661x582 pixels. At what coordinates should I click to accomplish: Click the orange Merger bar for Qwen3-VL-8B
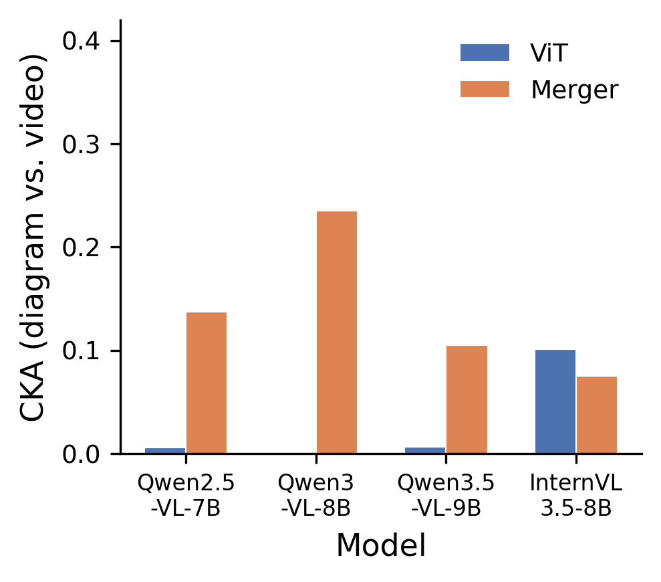click(336, 332)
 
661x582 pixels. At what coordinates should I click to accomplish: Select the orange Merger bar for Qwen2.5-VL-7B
click(206, 383)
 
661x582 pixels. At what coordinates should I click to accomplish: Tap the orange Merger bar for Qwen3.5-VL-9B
click(467, 399)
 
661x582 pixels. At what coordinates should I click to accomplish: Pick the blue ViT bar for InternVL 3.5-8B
click(555, 401)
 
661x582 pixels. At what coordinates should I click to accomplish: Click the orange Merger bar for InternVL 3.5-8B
click(597, 415)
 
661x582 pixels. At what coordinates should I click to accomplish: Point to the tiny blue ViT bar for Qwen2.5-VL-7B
click(165, 451)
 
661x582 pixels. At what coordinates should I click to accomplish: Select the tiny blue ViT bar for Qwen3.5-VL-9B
click(425, 450)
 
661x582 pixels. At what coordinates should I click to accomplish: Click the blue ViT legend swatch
click(485, 53)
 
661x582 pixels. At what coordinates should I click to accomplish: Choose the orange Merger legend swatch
click(485, 89)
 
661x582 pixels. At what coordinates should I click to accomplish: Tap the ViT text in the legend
click(549, 54)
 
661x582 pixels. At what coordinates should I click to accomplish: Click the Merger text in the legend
click(574, 90)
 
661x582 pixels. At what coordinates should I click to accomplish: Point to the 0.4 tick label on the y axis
click(82, 41)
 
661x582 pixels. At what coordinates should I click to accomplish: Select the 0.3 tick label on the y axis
click(82, 144)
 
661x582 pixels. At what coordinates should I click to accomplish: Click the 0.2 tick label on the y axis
click(82, 248)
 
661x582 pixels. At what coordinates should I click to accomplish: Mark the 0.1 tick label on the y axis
click(82, 351)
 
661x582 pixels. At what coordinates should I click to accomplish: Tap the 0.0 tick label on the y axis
click(82, 454)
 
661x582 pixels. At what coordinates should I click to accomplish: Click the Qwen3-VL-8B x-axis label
click(315, 495)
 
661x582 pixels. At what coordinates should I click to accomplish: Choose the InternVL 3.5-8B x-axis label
click(575, 495)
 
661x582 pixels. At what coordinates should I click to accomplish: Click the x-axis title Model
click(380, 546)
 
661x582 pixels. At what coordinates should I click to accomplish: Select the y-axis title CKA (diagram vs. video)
click(33, 237)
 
